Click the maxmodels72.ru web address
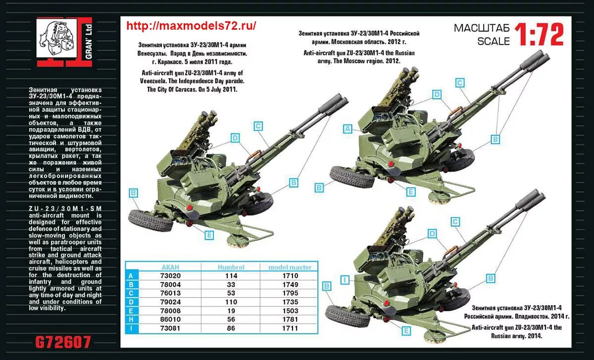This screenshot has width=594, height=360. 191,26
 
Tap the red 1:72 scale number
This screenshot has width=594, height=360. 539,35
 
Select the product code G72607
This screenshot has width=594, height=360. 63,342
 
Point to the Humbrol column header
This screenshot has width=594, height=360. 231,267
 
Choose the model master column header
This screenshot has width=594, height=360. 290,267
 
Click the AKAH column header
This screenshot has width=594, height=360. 170,267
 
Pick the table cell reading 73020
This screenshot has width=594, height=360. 170,276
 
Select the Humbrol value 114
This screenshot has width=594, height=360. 231,276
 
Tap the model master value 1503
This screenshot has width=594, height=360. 290,310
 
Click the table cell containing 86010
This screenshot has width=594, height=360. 170,319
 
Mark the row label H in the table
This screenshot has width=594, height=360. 131,319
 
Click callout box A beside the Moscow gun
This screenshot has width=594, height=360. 348,129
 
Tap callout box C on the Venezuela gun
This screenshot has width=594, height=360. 258,126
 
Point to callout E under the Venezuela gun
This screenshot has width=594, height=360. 209,235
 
